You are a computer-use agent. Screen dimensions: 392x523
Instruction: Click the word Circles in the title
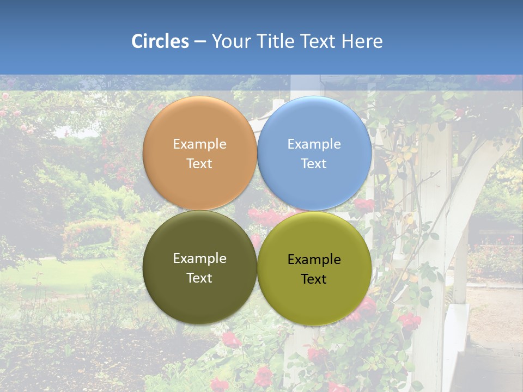pyautogui.click(x=160, y=41)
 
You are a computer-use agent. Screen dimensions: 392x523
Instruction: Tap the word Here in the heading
pyautogui.click(x=362, y=41)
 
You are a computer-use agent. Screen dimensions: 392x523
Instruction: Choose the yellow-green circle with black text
pyautogui.click(x=314, y=299)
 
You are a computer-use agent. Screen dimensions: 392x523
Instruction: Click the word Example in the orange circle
pyautogui.click(x=199, y=144)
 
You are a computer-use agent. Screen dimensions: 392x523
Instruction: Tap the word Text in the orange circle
pyautogui.click(x=199, y=164)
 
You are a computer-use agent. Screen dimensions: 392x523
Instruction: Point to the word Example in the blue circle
pyautogui.click(x=314, y=144)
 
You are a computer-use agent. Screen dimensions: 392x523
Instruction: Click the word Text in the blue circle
pyautogui.click(x=314, y=164)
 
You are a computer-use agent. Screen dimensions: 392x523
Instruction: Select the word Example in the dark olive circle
pyautogui.click(x=199, y=259)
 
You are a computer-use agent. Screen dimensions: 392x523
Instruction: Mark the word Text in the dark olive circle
pyautogui.click(x=199, y=278)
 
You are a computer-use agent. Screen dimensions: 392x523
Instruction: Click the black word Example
pyautogui.click(x=314, y=260)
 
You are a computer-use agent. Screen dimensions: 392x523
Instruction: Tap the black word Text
pyautogui.click(x=314, y=279)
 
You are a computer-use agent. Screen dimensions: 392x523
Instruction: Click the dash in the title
pyautogui.click(x=200, y=42)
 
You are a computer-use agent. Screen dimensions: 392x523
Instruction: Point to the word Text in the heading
pyautogui.click(x=318, y=41)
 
